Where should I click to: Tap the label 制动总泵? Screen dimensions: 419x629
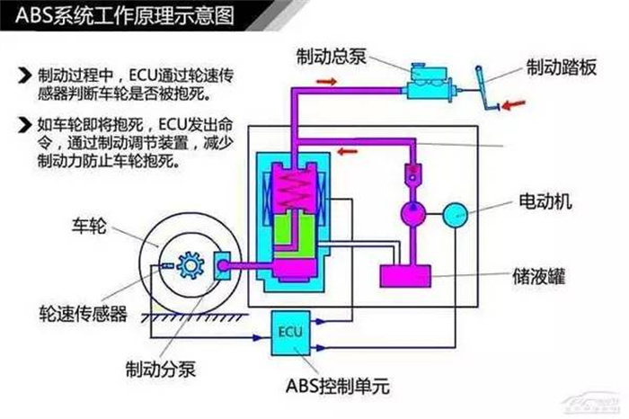pyautogui.click(x=331, y=57)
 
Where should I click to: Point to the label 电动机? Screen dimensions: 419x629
pyautogui.click(x=545, y=200)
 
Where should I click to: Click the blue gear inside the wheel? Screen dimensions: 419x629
pyautogui.click(x=189, y=266)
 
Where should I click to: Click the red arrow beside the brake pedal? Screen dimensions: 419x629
pyautogui.click(x=515, y=105)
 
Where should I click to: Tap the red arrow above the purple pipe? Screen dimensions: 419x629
pyautogui.click(x=328, y=82)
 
